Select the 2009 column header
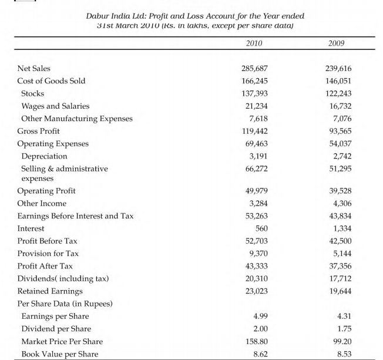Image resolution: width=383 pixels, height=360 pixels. point(337,43)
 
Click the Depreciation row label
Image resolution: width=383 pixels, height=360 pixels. point(44,156)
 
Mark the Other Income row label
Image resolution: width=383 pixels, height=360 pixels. point(42,203)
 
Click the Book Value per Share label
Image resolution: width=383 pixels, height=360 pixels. point(60,354)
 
